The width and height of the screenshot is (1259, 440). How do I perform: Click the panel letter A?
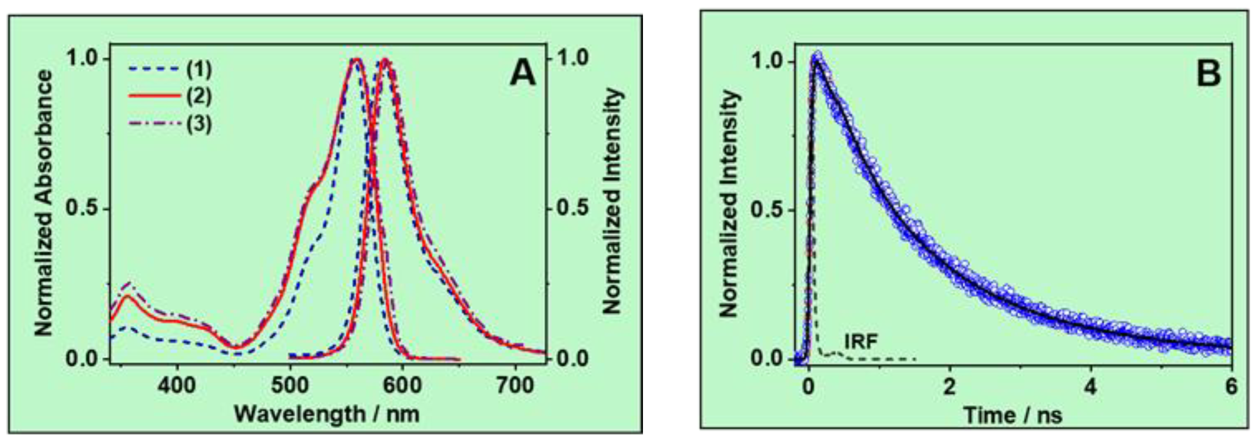522,75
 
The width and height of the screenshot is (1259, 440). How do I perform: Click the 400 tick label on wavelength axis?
177,386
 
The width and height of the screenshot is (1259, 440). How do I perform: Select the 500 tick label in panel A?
290,386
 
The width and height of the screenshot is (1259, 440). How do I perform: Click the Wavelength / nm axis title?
327,414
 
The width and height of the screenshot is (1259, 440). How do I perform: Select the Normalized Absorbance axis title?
44,203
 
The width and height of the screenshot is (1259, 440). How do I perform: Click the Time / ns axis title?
1013,415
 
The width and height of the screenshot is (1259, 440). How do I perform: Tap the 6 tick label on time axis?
1231,387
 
